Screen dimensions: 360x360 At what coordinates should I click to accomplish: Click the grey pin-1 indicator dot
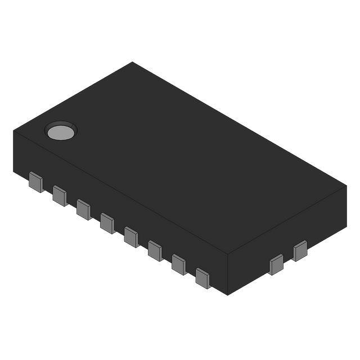coord(60,132)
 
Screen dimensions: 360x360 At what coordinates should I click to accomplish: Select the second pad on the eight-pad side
coord(60,196)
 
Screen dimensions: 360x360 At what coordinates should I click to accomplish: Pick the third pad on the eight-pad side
coord(84,209)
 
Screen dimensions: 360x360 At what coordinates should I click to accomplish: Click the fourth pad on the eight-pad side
coord(107,223)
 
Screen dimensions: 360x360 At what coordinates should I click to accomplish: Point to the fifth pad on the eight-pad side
coord(131,237)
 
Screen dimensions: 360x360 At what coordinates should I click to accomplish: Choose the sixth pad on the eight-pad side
coord(155,250)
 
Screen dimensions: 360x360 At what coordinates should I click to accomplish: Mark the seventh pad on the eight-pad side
coord(179,264)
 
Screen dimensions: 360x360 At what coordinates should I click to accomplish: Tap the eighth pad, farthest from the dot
coord(202,277)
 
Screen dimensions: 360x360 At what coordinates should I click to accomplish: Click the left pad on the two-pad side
coord(276,264)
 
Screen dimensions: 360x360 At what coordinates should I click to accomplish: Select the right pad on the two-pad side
coord(300,251)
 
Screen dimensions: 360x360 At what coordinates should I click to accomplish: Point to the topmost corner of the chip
coord(133,62)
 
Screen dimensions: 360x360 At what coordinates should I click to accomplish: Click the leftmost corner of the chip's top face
coord(13,130)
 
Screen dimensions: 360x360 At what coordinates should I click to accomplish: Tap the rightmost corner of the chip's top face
coord(346,186)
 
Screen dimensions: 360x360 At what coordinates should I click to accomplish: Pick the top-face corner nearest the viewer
coord(227,254)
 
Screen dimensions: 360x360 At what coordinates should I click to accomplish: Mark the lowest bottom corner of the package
coord(227,295)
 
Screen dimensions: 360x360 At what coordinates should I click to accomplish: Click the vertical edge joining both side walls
coord(227,274)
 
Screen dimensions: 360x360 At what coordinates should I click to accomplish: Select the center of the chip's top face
coord(180,158)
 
